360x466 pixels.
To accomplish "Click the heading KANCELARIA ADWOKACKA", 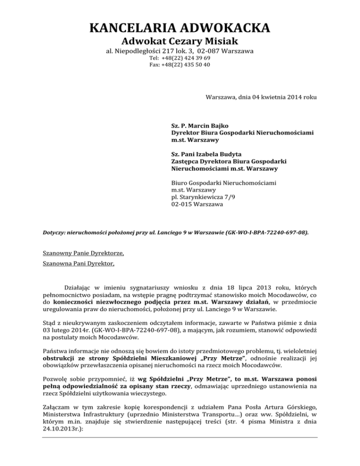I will (180, 27).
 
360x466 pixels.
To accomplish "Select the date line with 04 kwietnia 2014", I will (261, 97).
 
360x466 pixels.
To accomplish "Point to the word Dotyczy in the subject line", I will (52, 232).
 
